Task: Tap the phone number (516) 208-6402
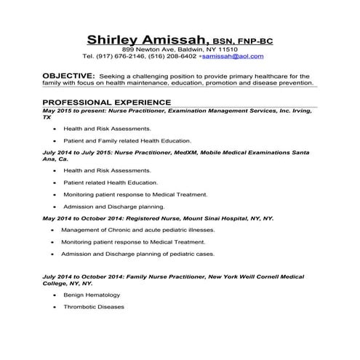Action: (172, 56)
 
